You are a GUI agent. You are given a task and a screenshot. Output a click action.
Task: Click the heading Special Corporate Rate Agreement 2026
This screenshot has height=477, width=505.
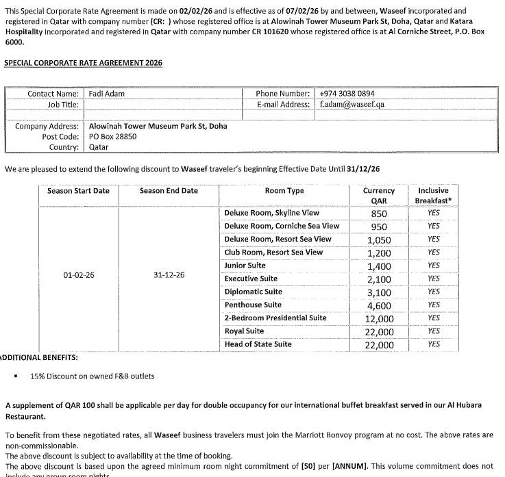(x=83, y=63)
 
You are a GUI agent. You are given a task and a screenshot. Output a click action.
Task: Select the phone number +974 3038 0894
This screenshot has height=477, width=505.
(x=347, y=94)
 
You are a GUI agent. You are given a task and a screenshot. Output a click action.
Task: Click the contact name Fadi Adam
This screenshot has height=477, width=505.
(x=107, y=94)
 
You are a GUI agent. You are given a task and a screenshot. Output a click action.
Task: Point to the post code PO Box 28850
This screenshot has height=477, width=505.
(x=113, y=136)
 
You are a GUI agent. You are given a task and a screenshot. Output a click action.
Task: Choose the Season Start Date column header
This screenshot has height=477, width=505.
(x=78, y=191)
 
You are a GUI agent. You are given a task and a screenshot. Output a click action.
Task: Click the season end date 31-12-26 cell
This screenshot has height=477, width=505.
(x=169, y=275)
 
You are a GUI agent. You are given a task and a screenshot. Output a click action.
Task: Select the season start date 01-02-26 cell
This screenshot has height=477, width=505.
(x=79, y=275)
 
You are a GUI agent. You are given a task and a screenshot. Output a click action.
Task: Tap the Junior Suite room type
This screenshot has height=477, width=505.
(x=245, y=266)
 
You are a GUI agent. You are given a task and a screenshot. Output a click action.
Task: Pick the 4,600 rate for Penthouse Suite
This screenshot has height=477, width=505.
(x=379, y=306)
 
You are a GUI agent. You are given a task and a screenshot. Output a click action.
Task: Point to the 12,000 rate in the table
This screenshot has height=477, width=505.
(x=379, y=319)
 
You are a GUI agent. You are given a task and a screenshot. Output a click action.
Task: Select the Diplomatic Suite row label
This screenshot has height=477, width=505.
(x=253, y=292)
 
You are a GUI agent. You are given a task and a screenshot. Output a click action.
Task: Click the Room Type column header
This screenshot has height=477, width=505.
(x=284, y=191)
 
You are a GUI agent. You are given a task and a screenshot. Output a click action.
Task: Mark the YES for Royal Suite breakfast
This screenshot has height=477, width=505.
(x=433, y=331)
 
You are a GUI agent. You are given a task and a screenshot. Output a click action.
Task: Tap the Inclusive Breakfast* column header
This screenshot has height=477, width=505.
(x=433, y=196)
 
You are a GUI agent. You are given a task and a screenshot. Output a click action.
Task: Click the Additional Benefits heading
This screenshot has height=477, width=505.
(x=39, y=357)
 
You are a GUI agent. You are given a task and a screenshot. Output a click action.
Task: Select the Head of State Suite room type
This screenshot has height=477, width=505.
(x=258, y=344)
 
